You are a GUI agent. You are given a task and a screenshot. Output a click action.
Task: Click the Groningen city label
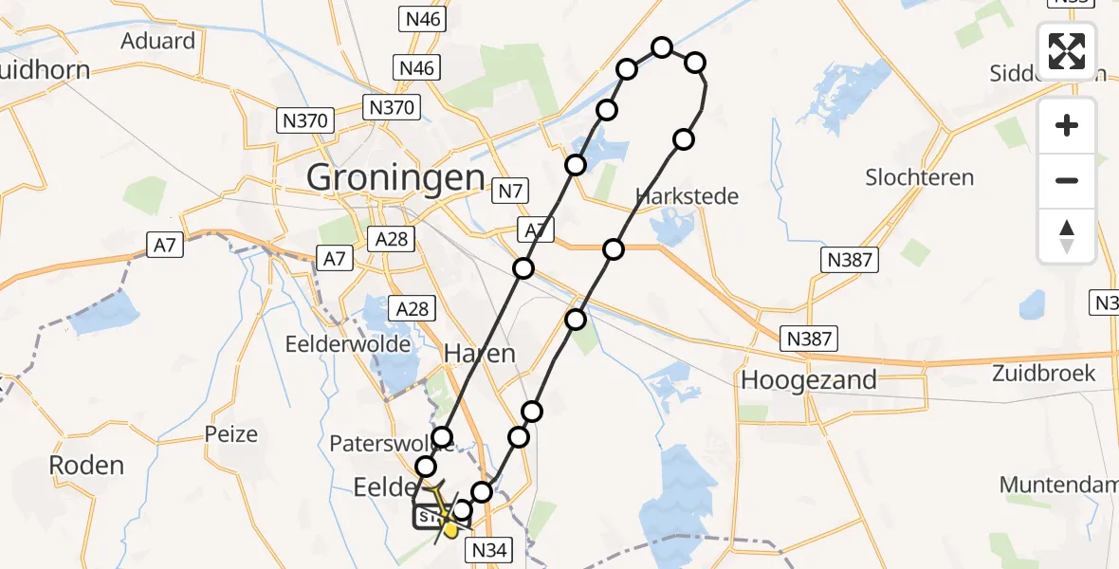395,177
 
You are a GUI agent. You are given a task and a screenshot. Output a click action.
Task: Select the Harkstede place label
688,197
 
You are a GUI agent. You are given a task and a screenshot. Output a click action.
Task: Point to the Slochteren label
919,177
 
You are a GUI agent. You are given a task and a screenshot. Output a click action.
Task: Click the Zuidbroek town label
1043,373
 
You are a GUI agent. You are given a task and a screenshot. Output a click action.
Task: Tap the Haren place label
480,355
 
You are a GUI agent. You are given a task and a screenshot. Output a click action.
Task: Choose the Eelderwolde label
348,343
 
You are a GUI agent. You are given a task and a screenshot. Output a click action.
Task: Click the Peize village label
230,434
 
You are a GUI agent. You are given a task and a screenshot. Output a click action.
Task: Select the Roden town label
88,465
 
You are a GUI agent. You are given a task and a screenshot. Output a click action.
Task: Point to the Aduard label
158,41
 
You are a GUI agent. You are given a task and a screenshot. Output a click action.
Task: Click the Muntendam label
1059,485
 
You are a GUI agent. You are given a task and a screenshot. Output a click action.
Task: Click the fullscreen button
1067,51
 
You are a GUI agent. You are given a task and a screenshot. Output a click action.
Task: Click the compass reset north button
1067,236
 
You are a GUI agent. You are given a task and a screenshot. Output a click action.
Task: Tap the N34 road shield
488,549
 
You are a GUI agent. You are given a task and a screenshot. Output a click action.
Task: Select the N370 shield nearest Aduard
304,120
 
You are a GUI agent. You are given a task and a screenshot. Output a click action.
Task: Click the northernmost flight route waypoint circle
662,47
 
